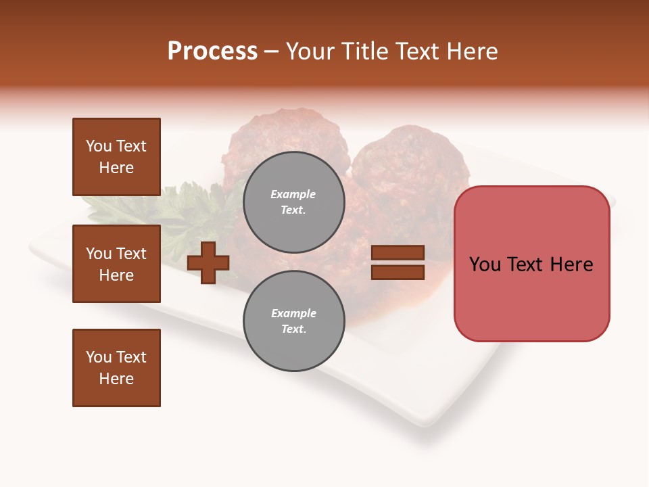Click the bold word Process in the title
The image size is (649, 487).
click(212, 51)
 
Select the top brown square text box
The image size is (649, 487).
click(116, 157)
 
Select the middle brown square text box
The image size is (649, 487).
click(116, 264)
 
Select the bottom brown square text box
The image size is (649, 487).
click(116, 368)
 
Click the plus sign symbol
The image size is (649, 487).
click(208, 262)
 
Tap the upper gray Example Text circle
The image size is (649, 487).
click(293, 202)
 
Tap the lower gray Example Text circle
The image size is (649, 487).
click(293, 321)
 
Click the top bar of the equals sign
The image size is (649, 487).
click(398, 253)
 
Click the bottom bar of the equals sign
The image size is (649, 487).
click(398, 272)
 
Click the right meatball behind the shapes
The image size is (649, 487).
click(412, 169)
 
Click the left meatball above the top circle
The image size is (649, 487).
click(287, 135)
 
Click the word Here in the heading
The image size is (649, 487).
click(471, 51)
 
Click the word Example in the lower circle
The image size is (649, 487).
click(293, 313)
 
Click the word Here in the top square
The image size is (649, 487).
click(116, 168)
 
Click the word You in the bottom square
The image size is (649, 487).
click(99, 357)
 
